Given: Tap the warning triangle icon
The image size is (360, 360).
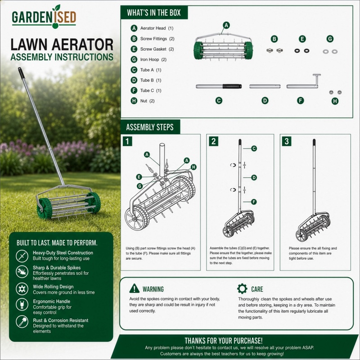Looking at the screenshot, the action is (x=134, y=288).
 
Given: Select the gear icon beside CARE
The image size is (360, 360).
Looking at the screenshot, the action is (x=242, y=288).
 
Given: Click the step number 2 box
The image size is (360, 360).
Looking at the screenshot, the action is (x=213, y=141).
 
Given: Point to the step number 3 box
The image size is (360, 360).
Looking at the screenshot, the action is (x=287, y=141).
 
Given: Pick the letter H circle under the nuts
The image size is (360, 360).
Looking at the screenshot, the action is (x=335, y=101).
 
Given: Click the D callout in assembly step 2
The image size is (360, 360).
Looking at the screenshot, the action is (x=254, y=177).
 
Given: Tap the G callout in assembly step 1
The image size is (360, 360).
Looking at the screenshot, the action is (x=139, y=186).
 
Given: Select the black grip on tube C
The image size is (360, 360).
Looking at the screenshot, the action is (x=232, y=86).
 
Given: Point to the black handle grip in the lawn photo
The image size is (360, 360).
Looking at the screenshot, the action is (x=21, y=73).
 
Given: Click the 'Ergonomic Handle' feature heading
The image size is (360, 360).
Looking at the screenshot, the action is (x=51, y=301).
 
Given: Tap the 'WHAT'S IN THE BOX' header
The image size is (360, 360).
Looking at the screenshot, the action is (x=154, y=13).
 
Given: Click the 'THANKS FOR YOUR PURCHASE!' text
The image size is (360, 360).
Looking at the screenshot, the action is (x=224, y=341).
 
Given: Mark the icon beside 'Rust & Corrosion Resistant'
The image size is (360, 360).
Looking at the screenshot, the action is (x=22, y=322).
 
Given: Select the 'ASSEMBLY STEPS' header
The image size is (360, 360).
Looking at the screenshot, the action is (x=150, y=127).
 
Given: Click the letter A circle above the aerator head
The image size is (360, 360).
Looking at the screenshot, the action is (x=226, y=25).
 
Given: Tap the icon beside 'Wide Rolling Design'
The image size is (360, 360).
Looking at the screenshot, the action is (x=22, y=288).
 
